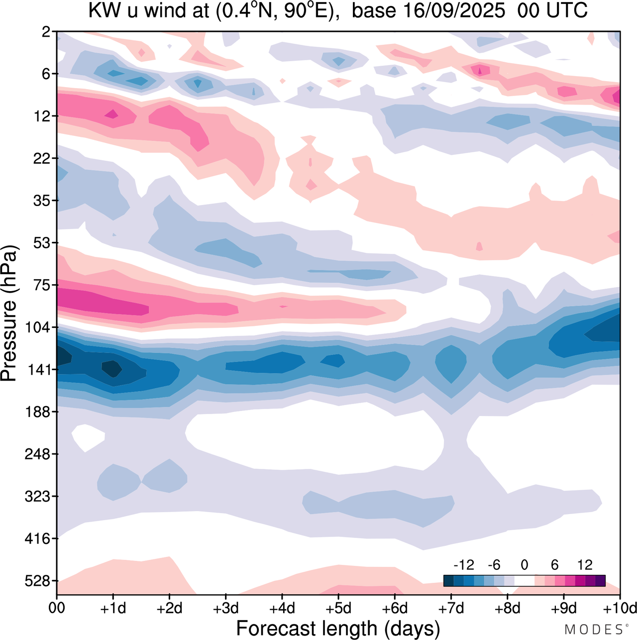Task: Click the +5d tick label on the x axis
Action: (x=338, y=608)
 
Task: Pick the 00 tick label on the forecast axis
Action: (x=57, y=608)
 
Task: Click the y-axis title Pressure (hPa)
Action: (x=9, y=314)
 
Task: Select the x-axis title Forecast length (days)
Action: (x=338, y=629)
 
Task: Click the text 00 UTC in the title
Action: (x=552, y=10)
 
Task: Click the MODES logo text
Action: (x=593, y=630)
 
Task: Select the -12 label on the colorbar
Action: (x=463, y=565)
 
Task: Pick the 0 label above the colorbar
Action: (x=525, y=565)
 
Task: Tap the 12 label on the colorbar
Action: (x=585, y=565)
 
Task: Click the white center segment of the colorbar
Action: (x=525, y=581)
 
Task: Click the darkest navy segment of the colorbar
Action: (x=448, y=581)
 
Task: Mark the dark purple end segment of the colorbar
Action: (x=600, y=581)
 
